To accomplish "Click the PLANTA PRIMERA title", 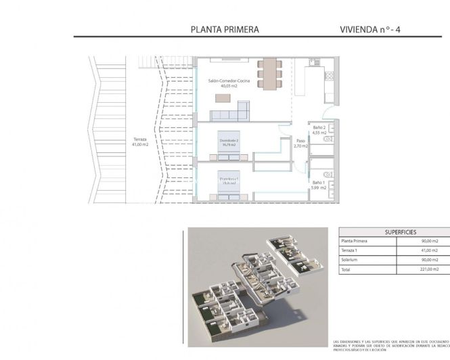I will [225, 29].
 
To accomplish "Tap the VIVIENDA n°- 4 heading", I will [376, 29].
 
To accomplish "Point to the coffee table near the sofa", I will [221, 99].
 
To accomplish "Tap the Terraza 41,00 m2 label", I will [139, 142].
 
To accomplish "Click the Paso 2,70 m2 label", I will [301, 143].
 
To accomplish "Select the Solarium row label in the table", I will [351, 259].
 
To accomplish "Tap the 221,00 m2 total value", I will [430, 269].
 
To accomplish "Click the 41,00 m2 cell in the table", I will [430, 250].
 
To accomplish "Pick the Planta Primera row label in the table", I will [355, 240].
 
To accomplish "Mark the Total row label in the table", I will [346, 269].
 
